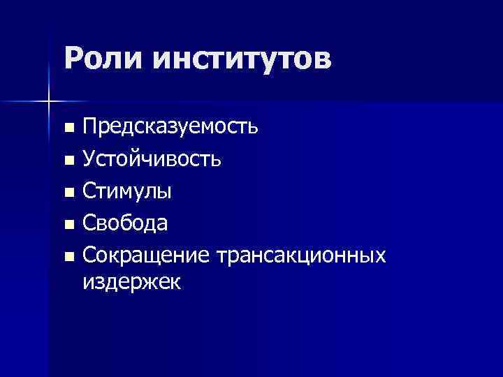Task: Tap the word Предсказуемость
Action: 170,127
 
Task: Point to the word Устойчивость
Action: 152,159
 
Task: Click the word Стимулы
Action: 129,191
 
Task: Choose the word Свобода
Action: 125,223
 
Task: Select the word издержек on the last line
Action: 131,283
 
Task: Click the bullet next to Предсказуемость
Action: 68,128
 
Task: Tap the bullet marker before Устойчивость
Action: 68,161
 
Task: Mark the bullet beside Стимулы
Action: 68,193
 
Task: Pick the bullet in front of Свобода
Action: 68,225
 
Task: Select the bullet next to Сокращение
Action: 68,257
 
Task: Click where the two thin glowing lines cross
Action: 49,102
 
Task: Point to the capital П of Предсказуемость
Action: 90,127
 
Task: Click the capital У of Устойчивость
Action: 89,159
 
